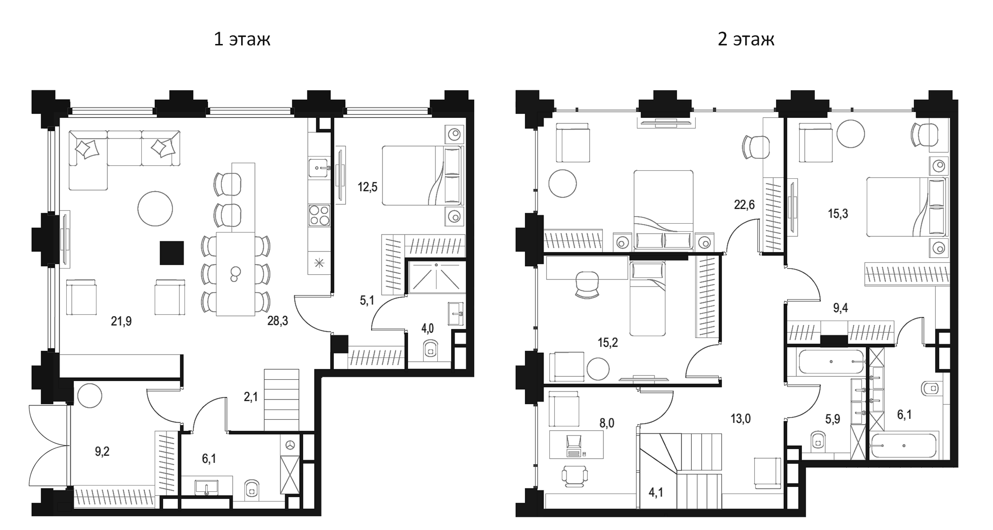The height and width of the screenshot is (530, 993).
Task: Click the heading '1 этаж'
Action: tap(242, 39)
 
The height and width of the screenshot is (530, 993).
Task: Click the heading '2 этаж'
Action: tap(746, 39)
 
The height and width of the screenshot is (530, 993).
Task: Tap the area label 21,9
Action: tap(121, 321)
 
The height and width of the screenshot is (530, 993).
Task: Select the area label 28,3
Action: tap(278, 321)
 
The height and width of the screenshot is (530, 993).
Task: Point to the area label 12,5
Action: tap(367, 187)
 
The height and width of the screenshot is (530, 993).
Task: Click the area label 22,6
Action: tap(744, 205)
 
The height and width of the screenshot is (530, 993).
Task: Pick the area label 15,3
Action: tap(837, 214)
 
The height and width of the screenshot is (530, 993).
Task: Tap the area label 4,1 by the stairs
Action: tap(655, 493)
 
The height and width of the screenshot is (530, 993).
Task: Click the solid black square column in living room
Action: tap(172, 252)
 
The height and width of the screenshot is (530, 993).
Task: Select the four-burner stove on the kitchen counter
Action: tap(319, 216)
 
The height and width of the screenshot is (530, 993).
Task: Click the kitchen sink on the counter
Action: tap(319, 168)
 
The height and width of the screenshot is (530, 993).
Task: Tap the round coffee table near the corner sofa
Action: tap(155, 209)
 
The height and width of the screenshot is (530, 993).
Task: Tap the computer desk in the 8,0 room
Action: tap(576, 444)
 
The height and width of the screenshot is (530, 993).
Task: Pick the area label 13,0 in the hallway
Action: tap(740, 418)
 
